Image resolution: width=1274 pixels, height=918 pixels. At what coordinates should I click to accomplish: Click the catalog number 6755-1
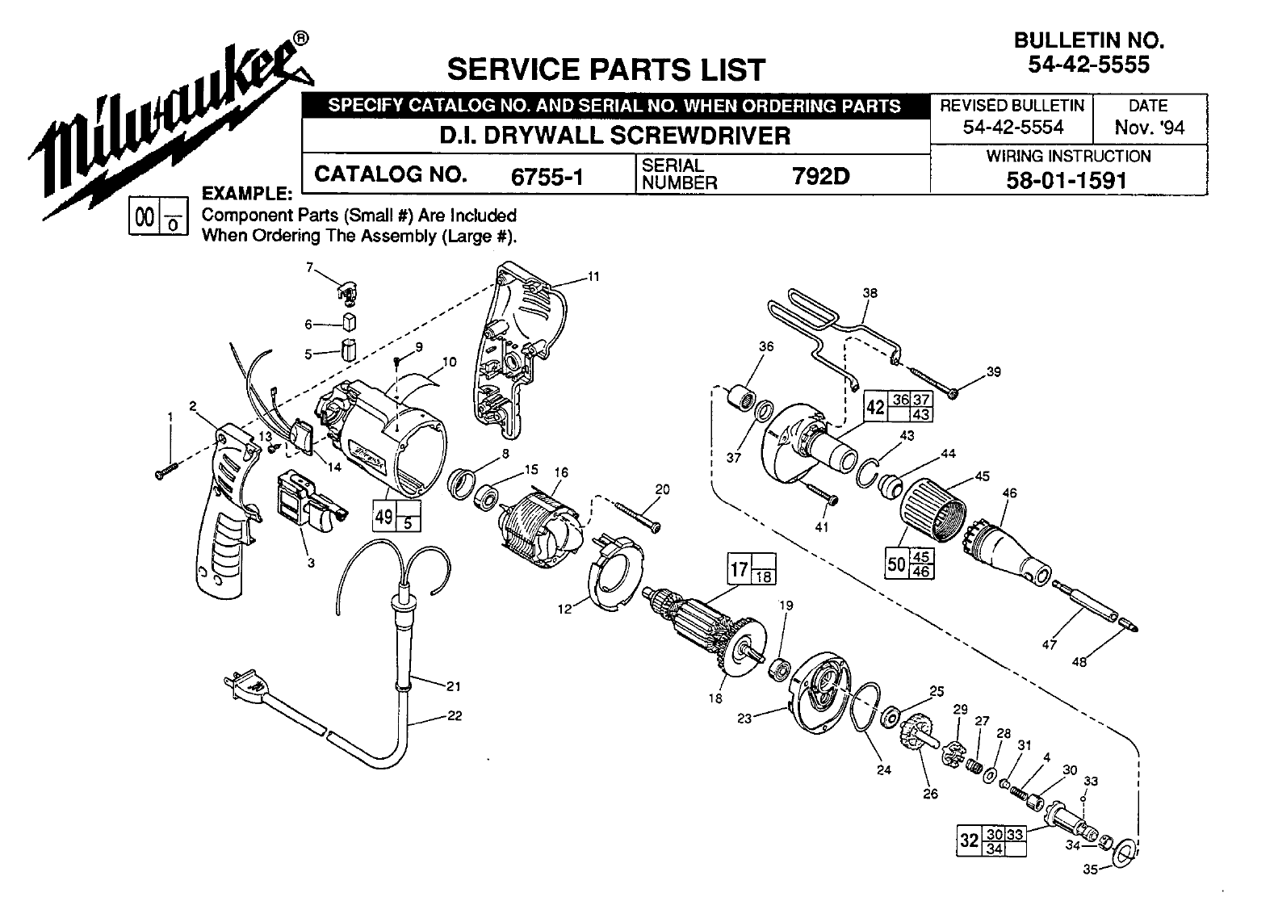pos(547,177)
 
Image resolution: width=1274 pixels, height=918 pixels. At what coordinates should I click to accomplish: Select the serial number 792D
pos(822,175)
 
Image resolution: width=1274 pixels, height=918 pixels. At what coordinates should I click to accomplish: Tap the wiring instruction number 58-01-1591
pos(1067,179)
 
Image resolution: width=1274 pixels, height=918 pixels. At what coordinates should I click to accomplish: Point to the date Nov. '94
pos(1149,128)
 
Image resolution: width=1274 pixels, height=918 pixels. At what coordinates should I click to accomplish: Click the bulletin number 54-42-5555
pos(1088,65)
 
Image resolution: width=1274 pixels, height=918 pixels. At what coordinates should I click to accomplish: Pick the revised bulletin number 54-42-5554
pos(1013,127)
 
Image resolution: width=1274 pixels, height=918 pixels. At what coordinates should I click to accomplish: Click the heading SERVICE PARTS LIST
pos(605,69)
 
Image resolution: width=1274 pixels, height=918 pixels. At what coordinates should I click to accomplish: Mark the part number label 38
pos(870,294)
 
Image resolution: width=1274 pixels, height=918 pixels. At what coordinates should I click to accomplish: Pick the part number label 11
pos(593,277)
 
